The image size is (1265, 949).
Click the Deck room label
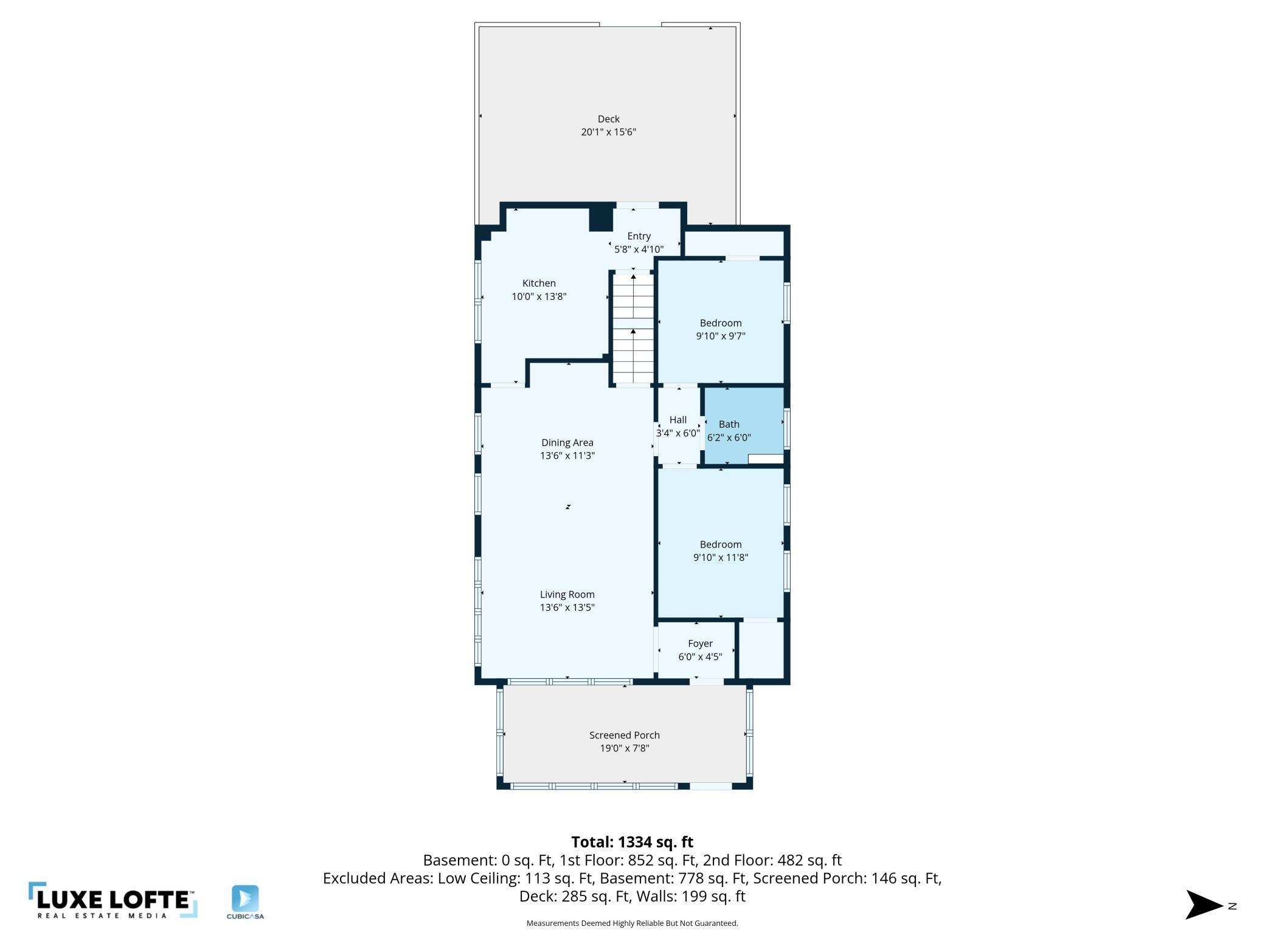(x=608, y=119)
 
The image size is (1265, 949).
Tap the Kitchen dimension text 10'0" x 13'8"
(x=539, y=297)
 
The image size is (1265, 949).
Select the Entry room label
(x=639, y=236)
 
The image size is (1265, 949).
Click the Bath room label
(x=729, y=425)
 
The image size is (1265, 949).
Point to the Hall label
(x=678, y=420)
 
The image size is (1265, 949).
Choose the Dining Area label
(x=567, y=443)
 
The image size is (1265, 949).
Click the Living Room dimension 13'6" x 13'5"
(x=567, y=608)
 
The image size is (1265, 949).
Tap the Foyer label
(x=700, y=644)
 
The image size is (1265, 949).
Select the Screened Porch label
(x=625, y=735)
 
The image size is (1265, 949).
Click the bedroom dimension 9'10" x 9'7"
(x=721, y=336)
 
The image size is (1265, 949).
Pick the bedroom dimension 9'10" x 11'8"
(x=721, y=558)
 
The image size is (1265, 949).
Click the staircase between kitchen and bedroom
(x=633, y=328)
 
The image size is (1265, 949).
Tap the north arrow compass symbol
(x=1205, y=905)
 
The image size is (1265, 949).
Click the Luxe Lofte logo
(x=113, y=900)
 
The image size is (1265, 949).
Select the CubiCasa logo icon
(x=245, y=899)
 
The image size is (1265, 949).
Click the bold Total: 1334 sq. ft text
(x=632, y=842)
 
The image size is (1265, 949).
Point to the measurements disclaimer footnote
(x=632, y=923)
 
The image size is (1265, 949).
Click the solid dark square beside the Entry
(x=601, y=220)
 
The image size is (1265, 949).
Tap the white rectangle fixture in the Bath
(x=766, y=459)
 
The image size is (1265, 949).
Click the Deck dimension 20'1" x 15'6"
(x=608, y=132)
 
